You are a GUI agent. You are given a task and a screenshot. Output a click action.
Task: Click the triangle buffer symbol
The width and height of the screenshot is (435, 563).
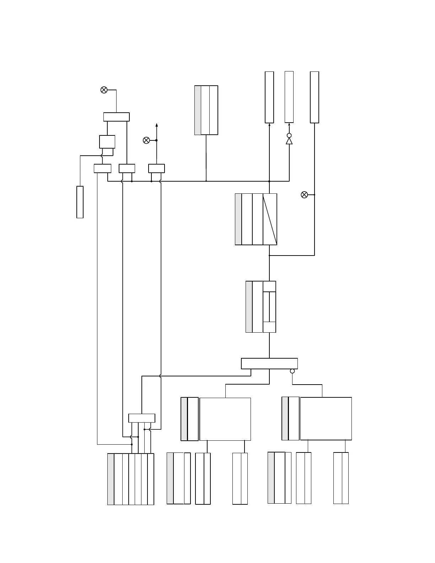click(x=289, y=141)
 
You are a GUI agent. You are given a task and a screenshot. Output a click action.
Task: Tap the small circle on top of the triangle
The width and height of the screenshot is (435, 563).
click(x=289, y=135)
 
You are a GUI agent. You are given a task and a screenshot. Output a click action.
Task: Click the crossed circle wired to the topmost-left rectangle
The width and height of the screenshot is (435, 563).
click(x=104, y=90)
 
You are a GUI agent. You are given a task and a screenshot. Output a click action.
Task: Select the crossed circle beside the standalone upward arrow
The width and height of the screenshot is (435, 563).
click(x=146, y=140)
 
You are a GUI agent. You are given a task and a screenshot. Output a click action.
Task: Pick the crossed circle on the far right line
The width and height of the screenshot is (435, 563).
click(x=304, y=195)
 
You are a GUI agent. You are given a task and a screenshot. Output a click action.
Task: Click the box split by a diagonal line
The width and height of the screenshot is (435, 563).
click(x=270, y=219)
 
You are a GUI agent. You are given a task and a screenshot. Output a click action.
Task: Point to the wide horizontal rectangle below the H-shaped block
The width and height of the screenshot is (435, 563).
click(x=269, y=364)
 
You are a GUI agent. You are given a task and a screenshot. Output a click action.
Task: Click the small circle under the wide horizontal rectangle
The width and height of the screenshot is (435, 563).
click(x=292, y=371)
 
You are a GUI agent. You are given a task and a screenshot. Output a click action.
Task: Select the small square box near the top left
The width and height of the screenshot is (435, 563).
click(x=107, y=141)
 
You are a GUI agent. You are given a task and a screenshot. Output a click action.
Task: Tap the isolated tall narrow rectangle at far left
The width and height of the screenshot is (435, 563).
click(x=80, y=202)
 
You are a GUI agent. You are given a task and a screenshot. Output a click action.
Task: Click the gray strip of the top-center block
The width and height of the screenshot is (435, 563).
click(x=198, y=110)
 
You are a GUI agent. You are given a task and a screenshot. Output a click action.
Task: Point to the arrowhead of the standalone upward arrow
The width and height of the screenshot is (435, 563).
click(x=156, y=125)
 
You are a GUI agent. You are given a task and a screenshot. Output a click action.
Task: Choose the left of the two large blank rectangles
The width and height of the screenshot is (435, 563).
click(x=225, y=419)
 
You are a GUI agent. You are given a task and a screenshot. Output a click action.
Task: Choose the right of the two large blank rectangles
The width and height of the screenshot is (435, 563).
click(x=326, y=419)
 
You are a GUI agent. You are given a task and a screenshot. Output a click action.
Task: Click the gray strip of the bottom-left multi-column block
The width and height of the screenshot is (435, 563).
click(x=111, y=479)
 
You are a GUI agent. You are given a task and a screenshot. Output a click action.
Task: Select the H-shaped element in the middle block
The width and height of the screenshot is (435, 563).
click(x=269, y=307)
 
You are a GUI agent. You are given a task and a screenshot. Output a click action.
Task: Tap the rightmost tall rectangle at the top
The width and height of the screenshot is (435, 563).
click(x=315, y=97)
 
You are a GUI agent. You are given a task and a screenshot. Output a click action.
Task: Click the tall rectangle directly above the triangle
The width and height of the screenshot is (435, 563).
click(x=289, y=97)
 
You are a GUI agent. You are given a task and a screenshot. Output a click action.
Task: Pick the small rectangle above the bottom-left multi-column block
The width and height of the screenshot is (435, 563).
click(x=141, y=418)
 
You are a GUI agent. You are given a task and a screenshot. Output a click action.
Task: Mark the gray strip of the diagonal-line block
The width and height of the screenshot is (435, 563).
click(x=238, y=219)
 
